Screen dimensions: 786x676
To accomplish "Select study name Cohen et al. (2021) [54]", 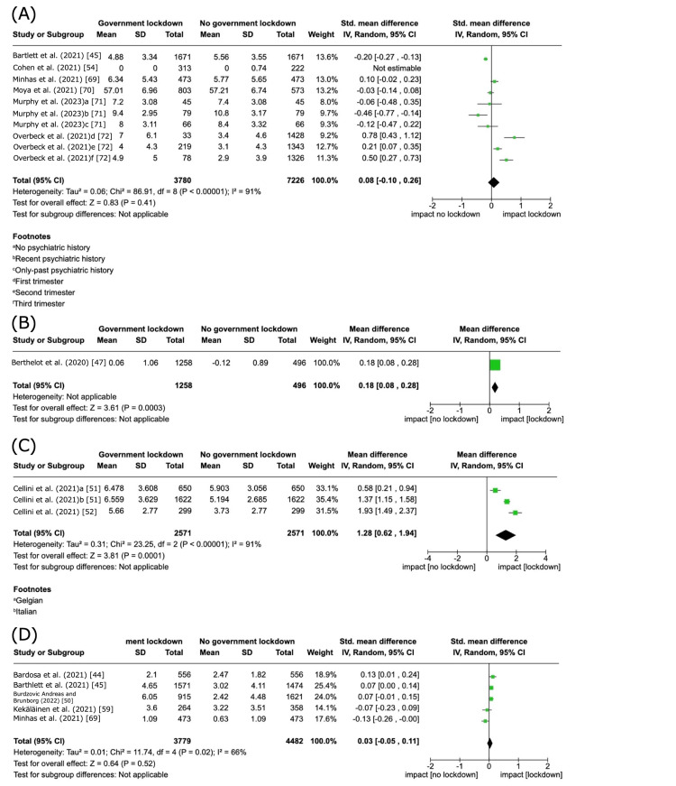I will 50,68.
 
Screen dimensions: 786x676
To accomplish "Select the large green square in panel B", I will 495,365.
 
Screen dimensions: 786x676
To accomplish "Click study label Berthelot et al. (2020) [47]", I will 57,365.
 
